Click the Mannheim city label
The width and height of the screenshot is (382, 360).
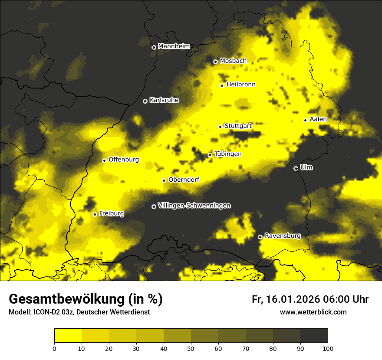tap(174, 46)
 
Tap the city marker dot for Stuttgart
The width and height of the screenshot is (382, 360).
tap(220, 127)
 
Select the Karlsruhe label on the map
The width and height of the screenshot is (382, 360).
tap(164, 100)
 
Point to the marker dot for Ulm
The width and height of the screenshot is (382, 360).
tap(296, 168)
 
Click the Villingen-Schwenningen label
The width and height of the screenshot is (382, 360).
tap(194, 206)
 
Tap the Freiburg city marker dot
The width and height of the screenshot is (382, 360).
tap(95, 214)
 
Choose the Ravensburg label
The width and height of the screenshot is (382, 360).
tap(282, 236)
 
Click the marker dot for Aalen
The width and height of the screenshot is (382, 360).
tap(305, 120)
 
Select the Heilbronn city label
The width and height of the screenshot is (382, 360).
tap(241, 85)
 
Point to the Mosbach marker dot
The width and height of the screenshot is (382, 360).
tap(215, 62)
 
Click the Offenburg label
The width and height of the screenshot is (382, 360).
tap(124, 160)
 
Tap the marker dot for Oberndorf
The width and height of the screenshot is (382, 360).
tap(164, 180)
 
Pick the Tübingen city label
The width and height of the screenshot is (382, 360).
tap(228, 154)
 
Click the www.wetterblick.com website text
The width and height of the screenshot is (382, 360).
tap(313, 312)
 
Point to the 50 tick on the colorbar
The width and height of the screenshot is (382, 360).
tap(191, 348)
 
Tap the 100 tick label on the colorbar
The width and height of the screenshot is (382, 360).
tap(328, 348)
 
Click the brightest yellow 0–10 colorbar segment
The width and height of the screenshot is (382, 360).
tap(68, 336)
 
